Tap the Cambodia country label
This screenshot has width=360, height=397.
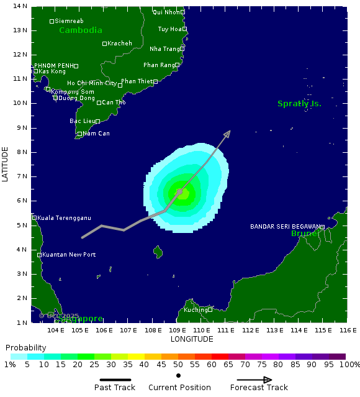[x=81, y=30]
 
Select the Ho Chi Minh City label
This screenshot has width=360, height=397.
[x=92, y=83]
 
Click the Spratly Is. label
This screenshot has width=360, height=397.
[x=299, y=104]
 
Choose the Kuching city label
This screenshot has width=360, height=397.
[x=195, y=309]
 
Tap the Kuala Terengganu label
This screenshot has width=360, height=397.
[x=64, y=217]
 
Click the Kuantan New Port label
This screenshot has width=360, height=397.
[x=69, y=255]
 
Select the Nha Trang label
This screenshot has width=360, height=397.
[x=164, y=48]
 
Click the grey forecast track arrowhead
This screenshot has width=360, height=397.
[x=228, y=134]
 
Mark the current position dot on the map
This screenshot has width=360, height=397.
[x=179, y=192]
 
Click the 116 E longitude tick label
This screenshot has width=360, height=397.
[x=348, y=330]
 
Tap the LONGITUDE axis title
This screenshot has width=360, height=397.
[x=192, y=339]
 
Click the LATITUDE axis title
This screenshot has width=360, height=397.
[x=6, y=165]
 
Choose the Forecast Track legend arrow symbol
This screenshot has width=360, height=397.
[x=259, y=380]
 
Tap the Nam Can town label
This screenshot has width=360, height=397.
[x=96, y=134]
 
